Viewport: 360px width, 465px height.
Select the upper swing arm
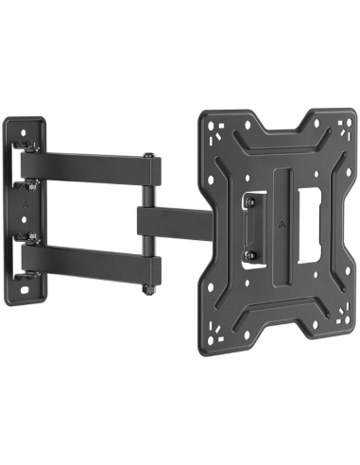tap(94, 168)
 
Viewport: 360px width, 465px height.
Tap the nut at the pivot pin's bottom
tap(146, 281)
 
